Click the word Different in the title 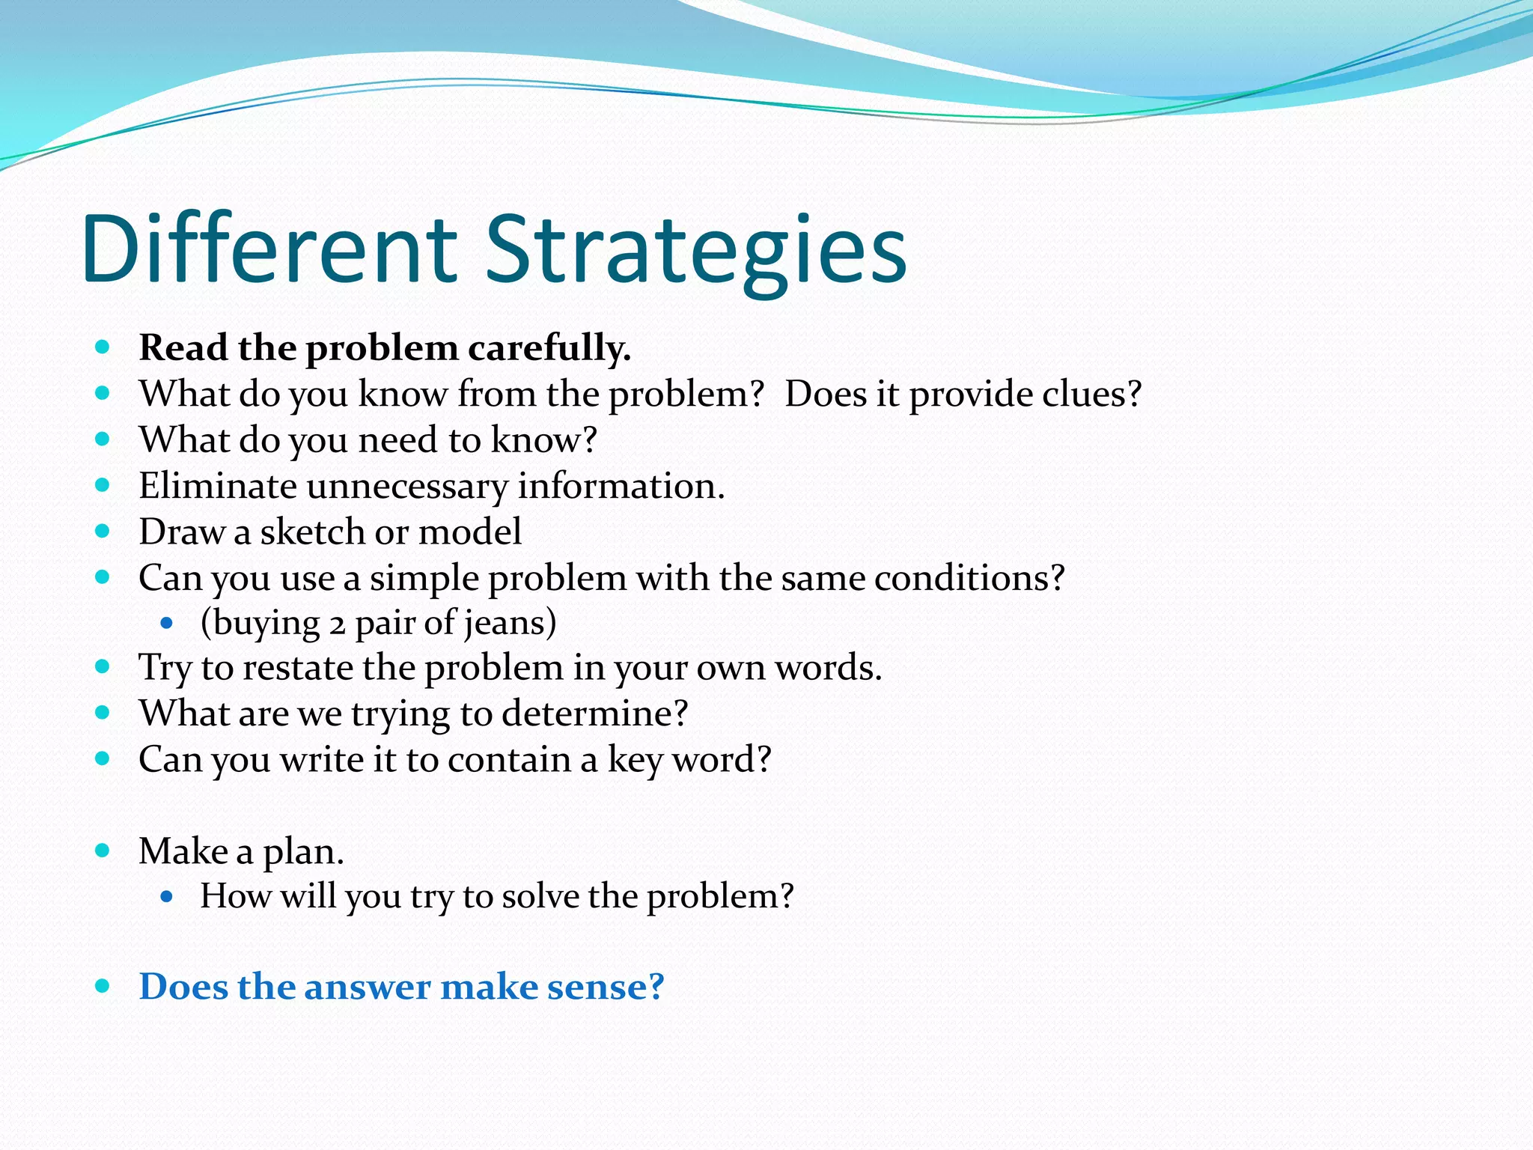(x=269, y=251)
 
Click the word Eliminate (x=218, y=487)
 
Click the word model (x=469, y=532)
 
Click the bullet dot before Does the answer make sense (x=103, y=987)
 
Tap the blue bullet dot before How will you (x=167, y=896)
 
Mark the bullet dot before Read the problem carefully (x=103, y=347)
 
